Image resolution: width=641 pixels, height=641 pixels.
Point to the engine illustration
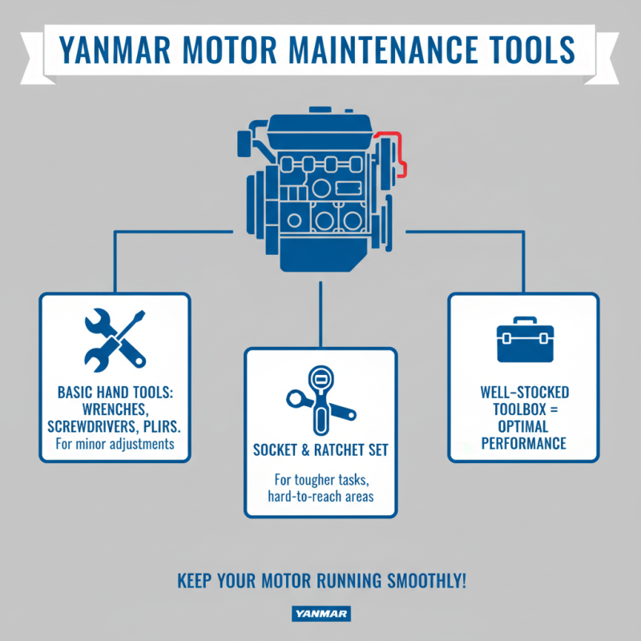320,192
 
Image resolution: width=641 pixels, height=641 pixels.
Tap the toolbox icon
522,341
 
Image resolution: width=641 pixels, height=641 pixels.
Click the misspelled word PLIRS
157,425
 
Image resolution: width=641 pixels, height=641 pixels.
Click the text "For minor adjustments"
115,443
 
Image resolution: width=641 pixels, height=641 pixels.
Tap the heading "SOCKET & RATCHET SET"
320,450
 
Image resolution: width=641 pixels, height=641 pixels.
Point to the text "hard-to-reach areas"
320,497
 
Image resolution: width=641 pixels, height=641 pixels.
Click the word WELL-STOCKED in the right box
523,393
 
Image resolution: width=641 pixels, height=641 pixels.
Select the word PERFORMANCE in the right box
523,443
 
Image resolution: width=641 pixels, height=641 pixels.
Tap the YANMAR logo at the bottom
320,615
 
